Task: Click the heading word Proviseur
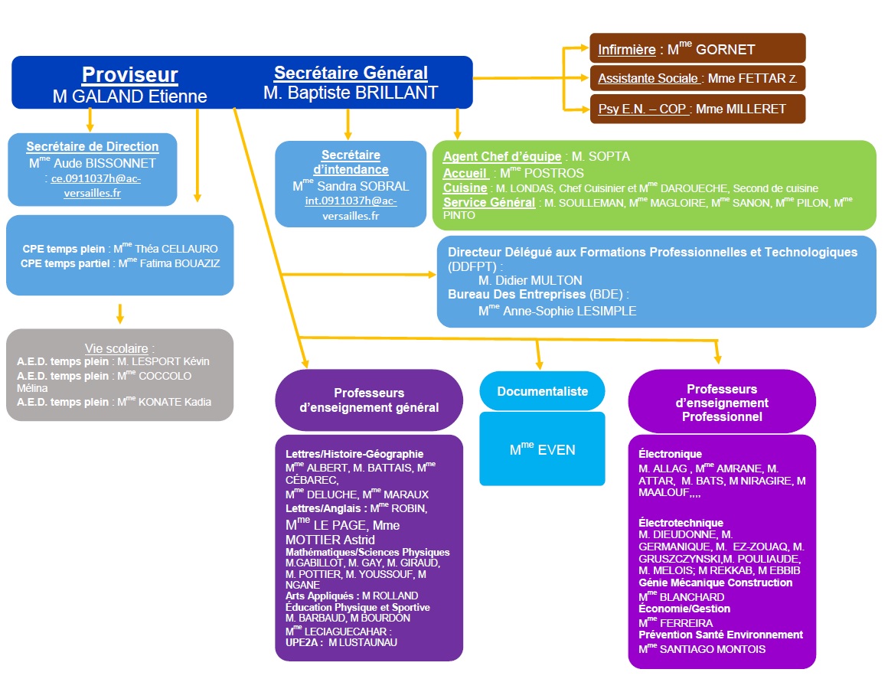click(130, 74)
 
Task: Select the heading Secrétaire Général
click(351, 73)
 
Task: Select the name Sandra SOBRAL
click(360, 186)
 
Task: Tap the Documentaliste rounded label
click(542, 391)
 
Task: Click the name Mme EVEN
click(542, 449)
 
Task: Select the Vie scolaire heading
click(119, 348)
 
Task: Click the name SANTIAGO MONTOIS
click(712, 649)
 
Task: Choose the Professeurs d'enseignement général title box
click(369, 400)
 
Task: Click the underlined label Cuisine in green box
click(465, 188)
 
